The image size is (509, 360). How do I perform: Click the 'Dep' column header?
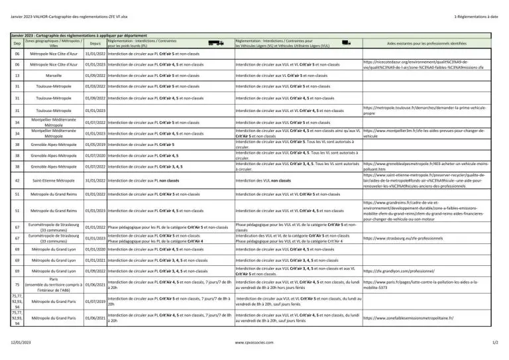pos(17,44)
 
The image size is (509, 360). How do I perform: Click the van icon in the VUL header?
pos(345,42)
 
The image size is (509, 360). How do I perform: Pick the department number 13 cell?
pos(17,76)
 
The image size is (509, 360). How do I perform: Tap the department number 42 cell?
pos(17,180)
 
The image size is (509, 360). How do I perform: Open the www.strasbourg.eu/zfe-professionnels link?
pos(403,237)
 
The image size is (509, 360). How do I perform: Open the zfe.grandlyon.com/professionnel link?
pos(403,271)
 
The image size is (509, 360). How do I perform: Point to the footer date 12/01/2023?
pos(21,343)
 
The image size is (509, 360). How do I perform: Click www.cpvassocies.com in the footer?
pos(254,343)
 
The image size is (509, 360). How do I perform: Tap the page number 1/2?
pos(494,343)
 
